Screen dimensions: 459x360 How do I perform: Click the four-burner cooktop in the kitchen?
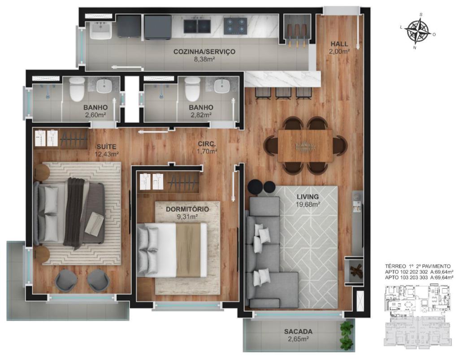(234, 25)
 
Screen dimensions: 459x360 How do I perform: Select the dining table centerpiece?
(304, 146)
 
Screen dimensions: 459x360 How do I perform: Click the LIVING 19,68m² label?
(307, 200)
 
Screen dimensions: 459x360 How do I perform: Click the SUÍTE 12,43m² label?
(107, 150)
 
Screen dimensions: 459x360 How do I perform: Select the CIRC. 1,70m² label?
(207, 147)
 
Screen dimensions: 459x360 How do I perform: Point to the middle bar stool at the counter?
(284, 92)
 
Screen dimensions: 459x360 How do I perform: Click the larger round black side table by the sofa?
(255, 187)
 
